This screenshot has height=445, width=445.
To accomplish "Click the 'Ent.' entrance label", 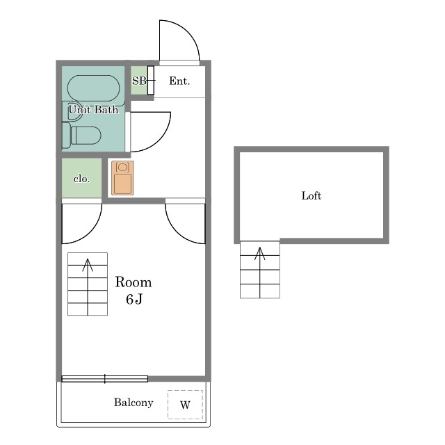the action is (179, 81).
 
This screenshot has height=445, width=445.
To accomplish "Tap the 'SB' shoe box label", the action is (139, 81).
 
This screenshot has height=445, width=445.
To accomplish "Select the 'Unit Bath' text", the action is (93, 110).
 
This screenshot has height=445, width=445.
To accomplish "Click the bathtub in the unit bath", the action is (94, 88).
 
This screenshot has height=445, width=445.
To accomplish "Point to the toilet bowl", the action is (86, 136).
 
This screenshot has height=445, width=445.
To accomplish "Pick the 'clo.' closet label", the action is (82, 179).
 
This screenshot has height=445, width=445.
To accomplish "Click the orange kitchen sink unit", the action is (122, 178).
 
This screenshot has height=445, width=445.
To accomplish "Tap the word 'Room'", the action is (133, 282).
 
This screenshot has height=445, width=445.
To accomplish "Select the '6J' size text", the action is (134, 299).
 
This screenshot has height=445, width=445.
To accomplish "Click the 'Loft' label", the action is (311, 196).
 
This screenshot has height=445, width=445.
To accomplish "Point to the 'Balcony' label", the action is (133, 403).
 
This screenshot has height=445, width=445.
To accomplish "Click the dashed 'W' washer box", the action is (185, 405).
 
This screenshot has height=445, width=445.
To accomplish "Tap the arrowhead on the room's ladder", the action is (88, 264).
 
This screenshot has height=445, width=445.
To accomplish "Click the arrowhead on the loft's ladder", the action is (259, 253).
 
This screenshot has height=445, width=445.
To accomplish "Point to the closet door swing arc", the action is (90, 232).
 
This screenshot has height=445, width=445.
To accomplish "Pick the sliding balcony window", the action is (105, 379).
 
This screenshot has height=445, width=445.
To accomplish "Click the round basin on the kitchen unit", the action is (122, 167).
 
